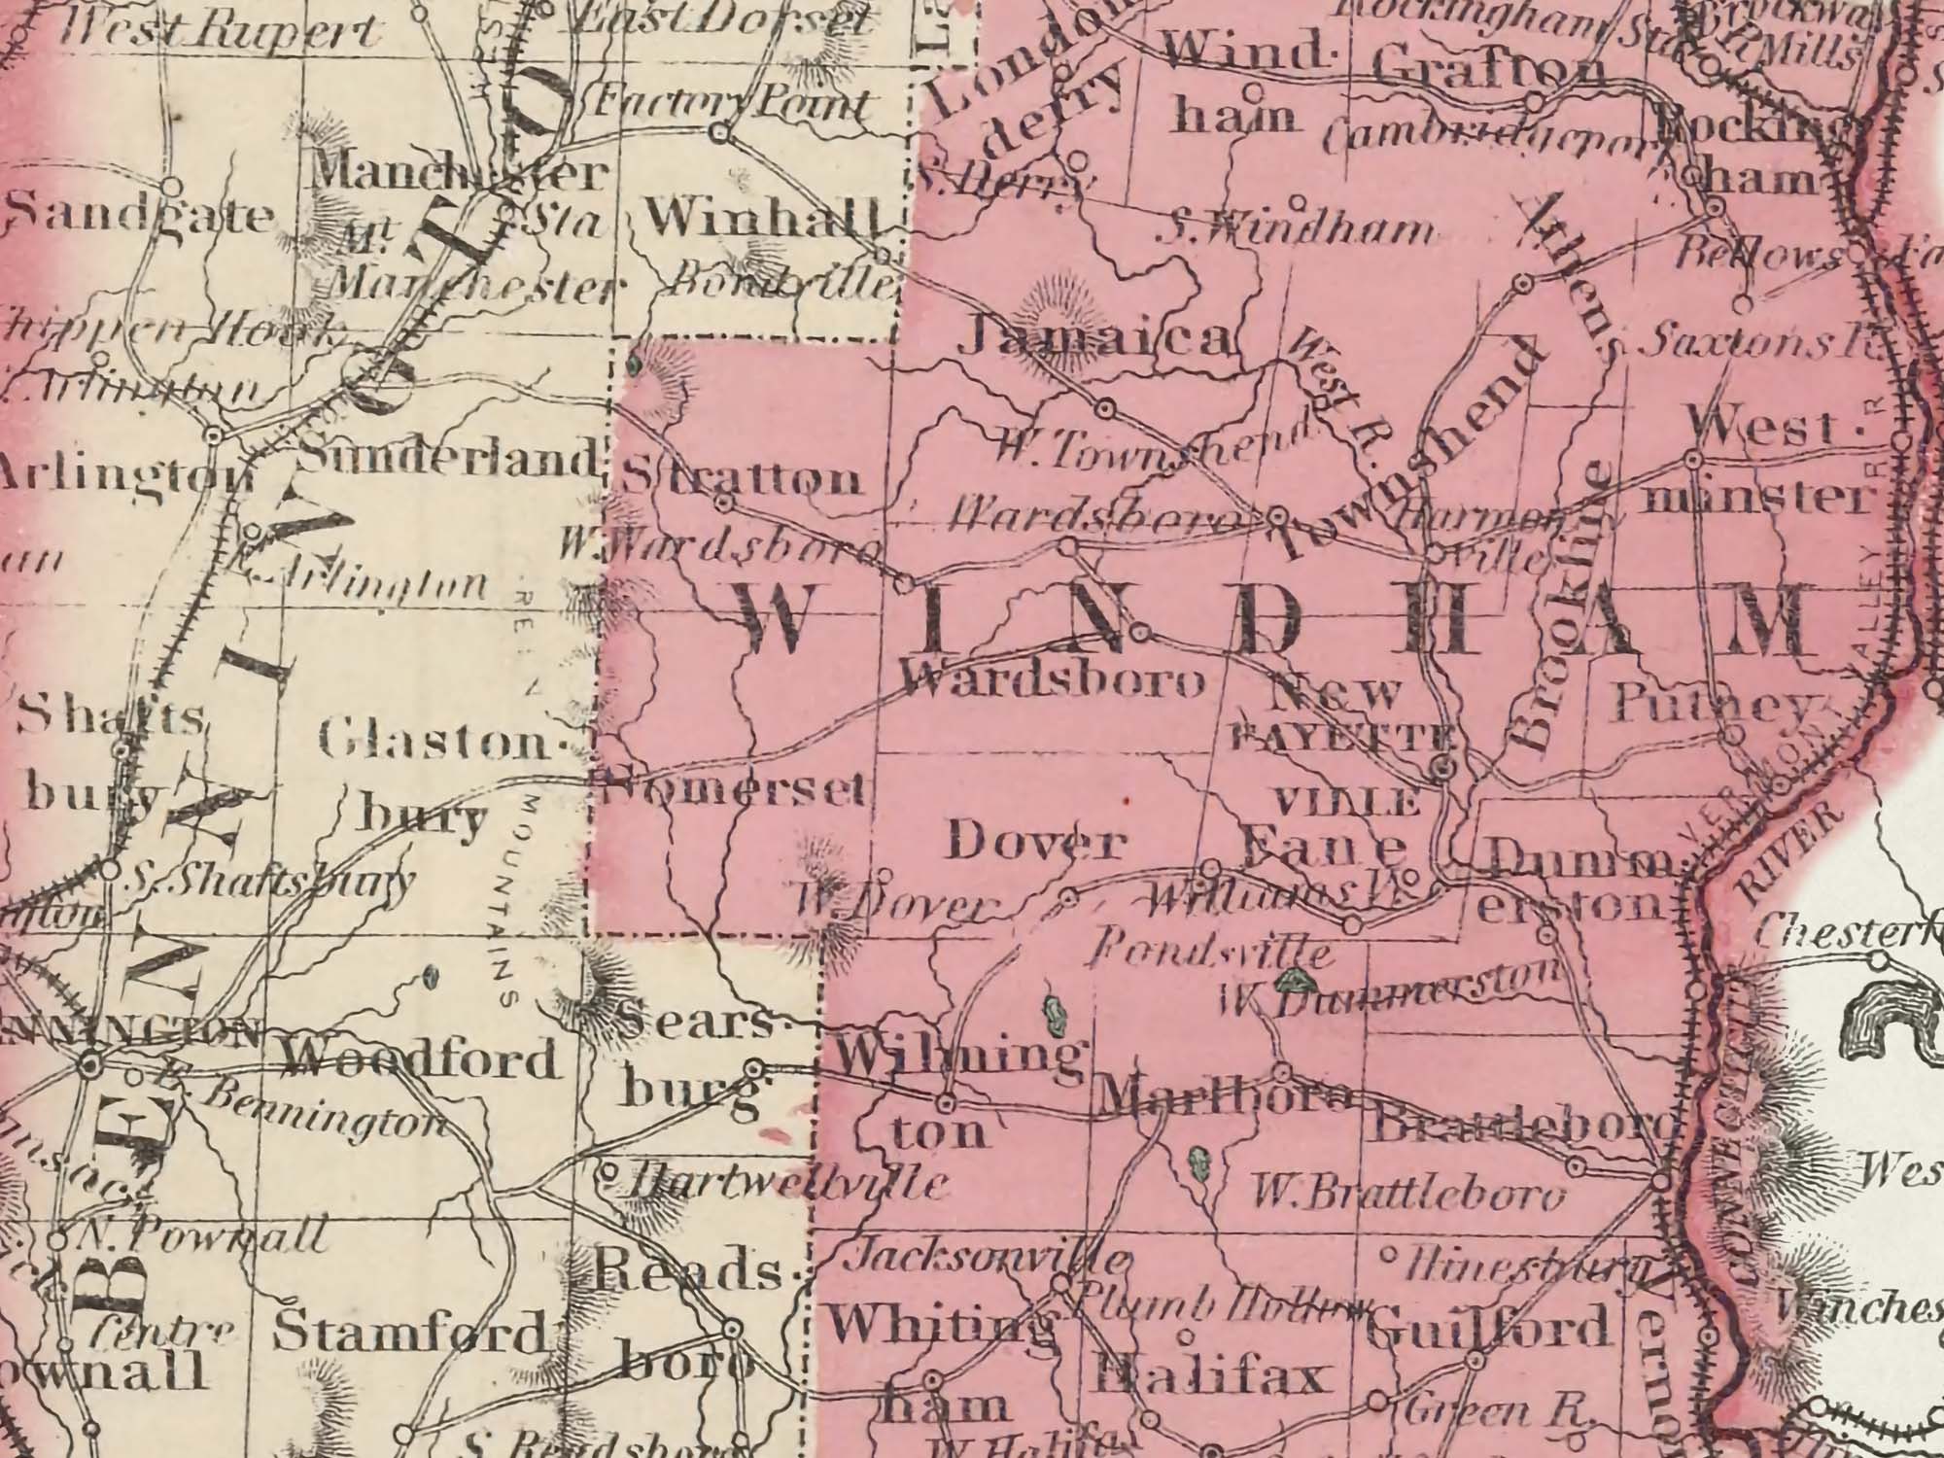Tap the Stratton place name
pos(741,479)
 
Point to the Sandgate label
pos(136,216)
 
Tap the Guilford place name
pos(1487,1328)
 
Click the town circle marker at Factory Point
pos(720,133)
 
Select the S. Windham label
pos(1298,232)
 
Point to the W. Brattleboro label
pos(1409,1193)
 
